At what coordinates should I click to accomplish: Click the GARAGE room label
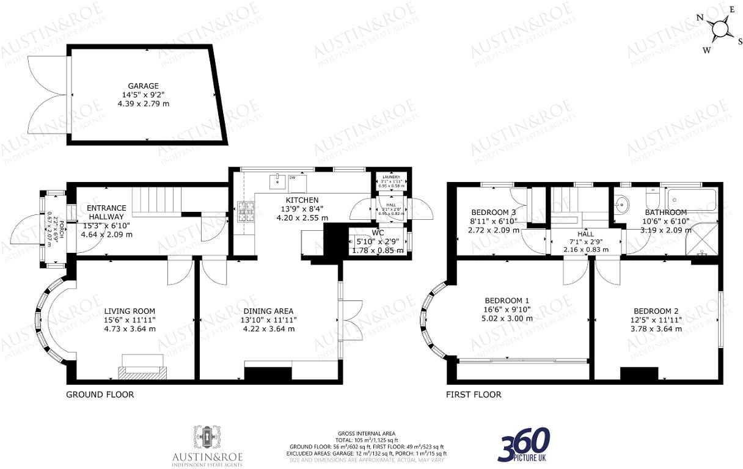pos(143,86)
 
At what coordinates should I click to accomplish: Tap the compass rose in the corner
pos(720,28)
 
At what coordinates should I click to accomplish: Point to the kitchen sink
pos(279,180)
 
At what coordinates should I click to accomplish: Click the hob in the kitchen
pos(246,211)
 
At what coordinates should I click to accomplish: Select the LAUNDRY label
pos(391,177)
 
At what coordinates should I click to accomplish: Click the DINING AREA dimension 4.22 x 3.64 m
pos(269,329)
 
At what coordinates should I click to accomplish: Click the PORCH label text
pos(60,222)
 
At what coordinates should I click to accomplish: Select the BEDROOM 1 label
pos(507,300)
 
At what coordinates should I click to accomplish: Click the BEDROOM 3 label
pos(492,212)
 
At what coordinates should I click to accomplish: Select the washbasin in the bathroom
pos(623,201)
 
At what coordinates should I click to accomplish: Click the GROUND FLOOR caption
pos(100,394)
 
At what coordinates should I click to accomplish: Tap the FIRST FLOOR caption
pos(474,394)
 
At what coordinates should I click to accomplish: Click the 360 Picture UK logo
pos(524,444)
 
